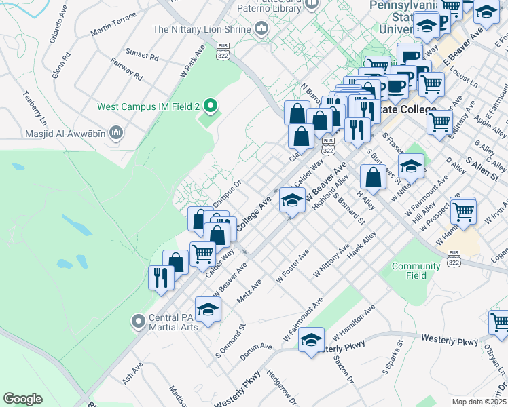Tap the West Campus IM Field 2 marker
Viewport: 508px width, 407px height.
[x=210, y=106]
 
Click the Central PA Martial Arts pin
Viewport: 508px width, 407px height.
[x=139, y=320]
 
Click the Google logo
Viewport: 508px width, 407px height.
[x=22, y=399]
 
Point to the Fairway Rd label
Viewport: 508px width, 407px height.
[x=128, y=70]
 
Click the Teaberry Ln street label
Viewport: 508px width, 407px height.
[x=35, y=108]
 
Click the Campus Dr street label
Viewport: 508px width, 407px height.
[x=227, y=193]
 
